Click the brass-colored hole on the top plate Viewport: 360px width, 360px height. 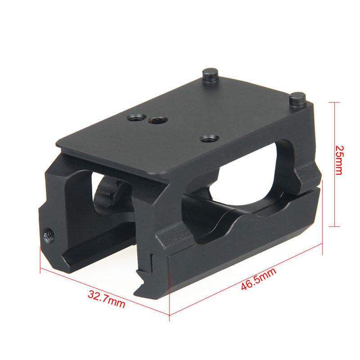click(x=157, y=120)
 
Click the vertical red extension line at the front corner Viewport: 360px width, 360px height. click(x=169, y=297)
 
